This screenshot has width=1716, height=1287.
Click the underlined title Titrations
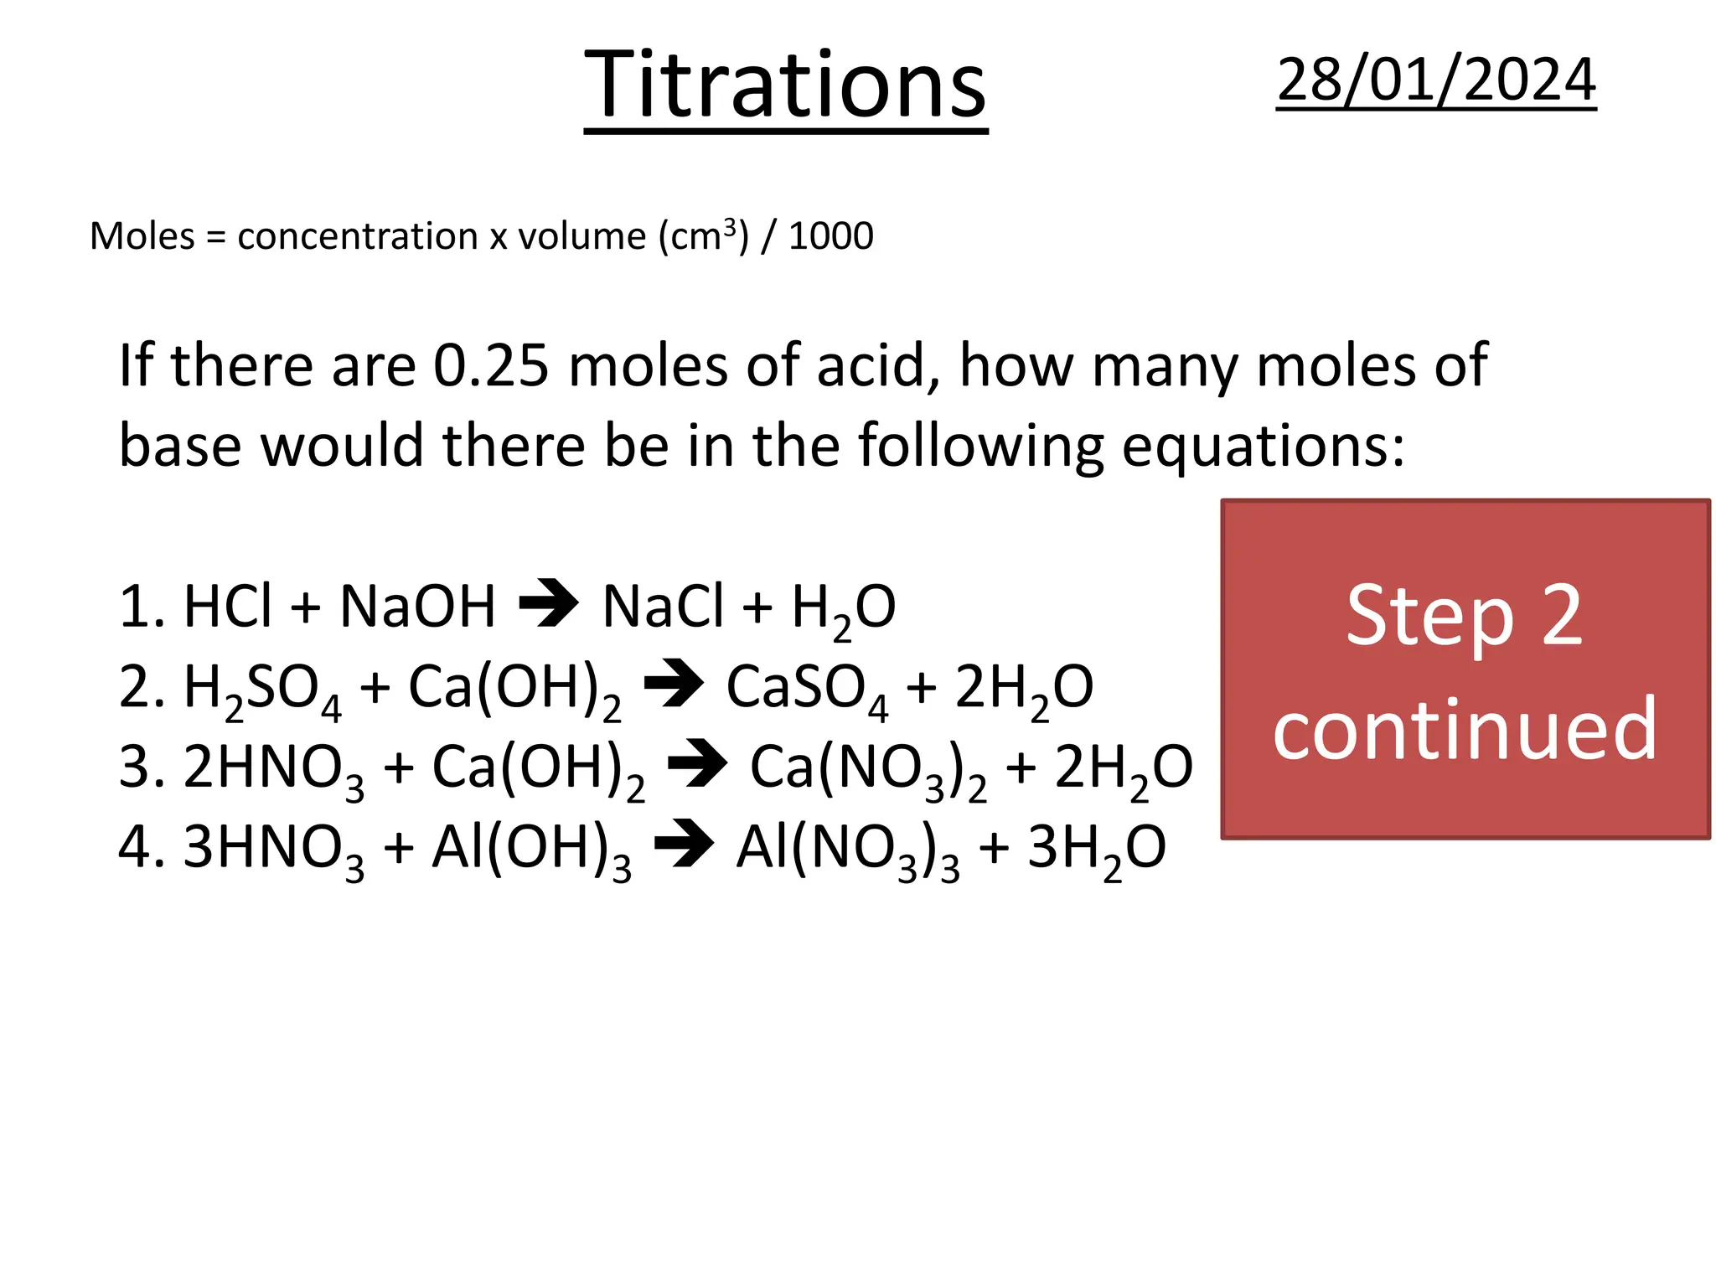coord(785,85)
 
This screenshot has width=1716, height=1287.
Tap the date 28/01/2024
coord(1436,80)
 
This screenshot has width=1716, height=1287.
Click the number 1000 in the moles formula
coord(830,236)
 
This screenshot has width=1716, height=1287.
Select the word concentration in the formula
coord(358,236)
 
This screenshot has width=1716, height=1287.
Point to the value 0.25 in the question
coord(491,365)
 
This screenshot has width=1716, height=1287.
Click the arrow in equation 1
coord(549,603)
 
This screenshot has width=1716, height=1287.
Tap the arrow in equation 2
coord(674,684)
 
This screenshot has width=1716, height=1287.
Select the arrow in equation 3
coord(697,764)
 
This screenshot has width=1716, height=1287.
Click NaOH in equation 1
coord(417,607)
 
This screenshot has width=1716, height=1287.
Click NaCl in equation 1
coord(662,607)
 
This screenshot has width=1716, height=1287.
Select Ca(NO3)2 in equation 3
coord(867,769)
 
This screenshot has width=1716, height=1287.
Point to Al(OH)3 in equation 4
coord(530,850)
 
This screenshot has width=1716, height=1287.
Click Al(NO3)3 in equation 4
coord(847,850)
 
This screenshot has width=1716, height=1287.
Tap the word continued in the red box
coord(1465,729)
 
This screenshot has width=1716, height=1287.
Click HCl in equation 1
coord(228,607)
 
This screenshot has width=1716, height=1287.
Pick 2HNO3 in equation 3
coord(273,769)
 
